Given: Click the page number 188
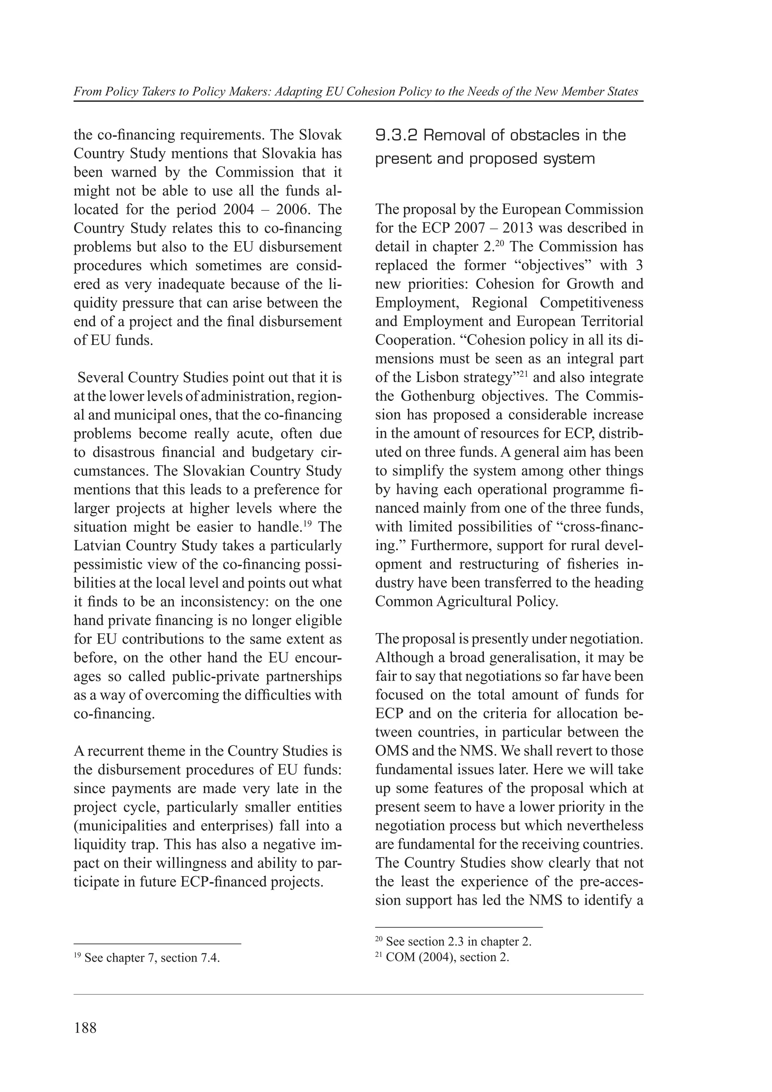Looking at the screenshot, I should point(85,1029).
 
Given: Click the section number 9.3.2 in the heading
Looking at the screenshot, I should point(396,136).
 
